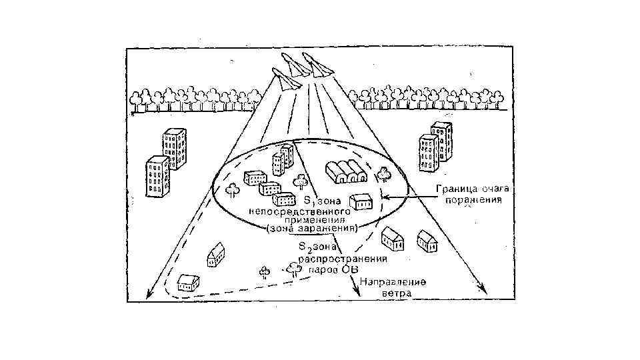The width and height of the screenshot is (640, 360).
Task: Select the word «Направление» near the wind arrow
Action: point(393,282)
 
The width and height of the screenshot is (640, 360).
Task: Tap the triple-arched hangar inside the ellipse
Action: point(346,171)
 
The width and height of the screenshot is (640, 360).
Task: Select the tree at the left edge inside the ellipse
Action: point(233,189)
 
